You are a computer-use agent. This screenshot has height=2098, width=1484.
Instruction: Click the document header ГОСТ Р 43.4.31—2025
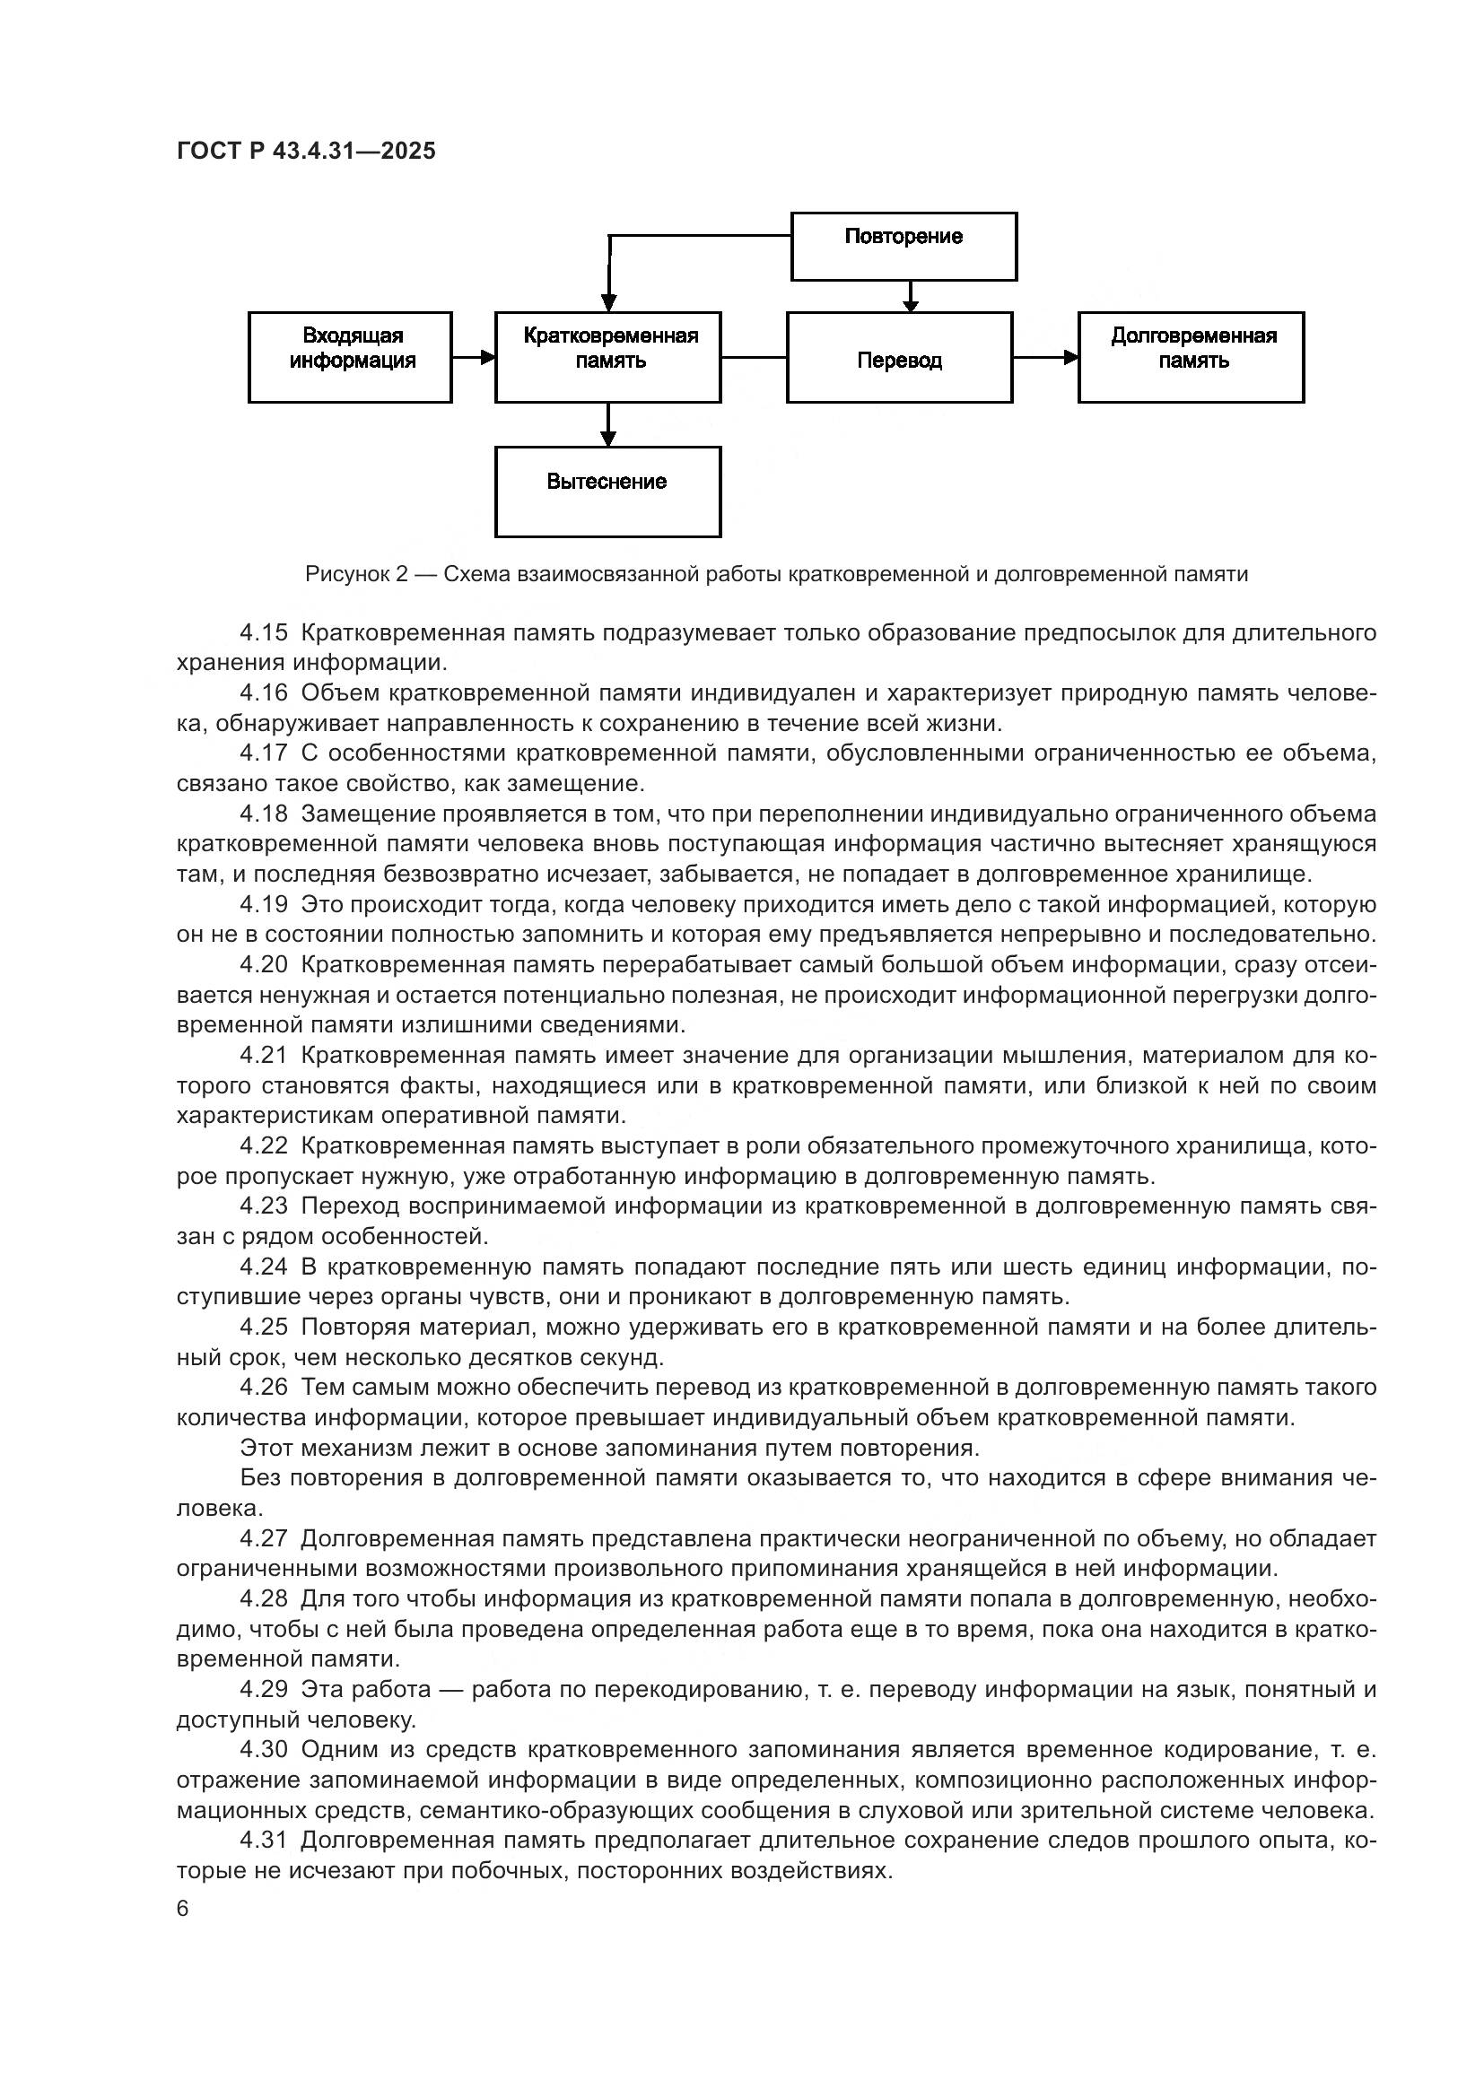pyautogui.click(x=306, y=151)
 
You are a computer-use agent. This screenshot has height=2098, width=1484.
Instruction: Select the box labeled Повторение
pyautogui.click(x=903, y=246)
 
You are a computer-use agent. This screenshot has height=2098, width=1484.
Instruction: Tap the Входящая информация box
pyautogui.click(x=350, y=356)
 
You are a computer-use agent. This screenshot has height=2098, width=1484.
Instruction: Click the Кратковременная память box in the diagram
pyautogui.click(x=607, y=356)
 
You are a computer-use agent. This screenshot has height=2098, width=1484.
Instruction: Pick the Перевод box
pyautogui.click(x=899, y=357)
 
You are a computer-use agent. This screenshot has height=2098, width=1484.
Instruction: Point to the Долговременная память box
pyautogui.click(x=1191, y=356)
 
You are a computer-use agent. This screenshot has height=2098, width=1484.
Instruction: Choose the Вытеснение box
pyautogui.click(x=607, y=491)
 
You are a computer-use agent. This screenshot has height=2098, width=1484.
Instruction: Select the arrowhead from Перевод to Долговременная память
pyautogui.click(x=1070, y=357)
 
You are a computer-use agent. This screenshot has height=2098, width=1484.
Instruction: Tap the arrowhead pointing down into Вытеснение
pyautogui.click(x=608, y=439)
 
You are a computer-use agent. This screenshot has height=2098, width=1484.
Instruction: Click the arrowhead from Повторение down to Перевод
pyautogui.click(x=909, y=304)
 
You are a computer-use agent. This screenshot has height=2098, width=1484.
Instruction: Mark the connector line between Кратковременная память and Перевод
pyautogui.click(x=754, y=357)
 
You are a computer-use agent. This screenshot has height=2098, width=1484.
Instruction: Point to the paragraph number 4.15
pyautogui.click(x=264, y=632)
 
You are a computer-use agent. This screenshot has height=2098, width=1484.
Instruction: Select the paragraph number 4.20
pyautogui.click(x=264, y=965)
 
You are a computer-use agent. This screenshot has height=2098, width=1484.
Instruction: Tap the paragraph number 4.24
pyautogui.click(x=264, y=1267)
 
